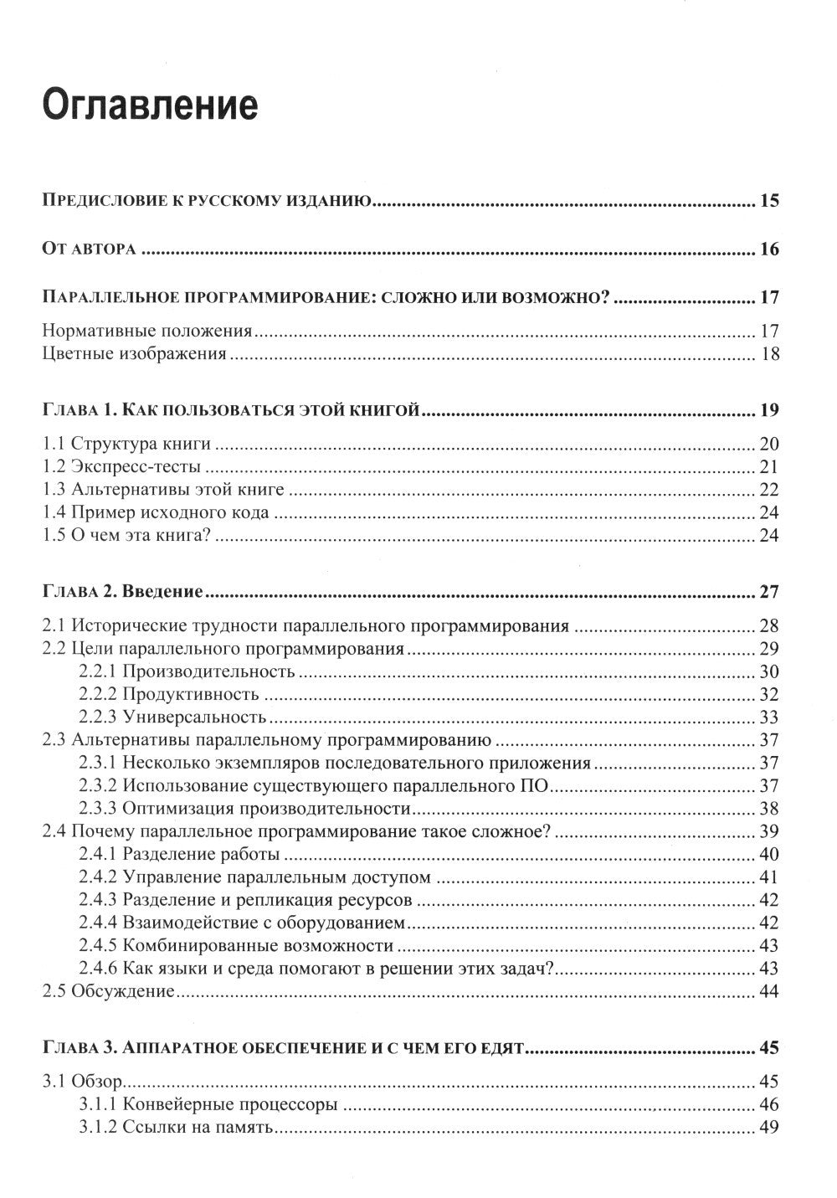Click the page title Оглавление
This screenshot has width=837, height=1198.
(x=150, y=108)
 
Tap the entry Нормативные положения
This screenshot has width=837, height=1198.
(x=146, y=331)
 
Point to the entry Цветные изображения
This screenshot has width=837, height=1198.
(x=134, y=354)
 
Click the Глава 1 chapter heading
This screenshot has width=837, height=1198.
(x=229, y=410)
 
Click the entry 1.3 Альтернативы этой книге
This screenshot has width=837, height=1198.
(x=163, y=490)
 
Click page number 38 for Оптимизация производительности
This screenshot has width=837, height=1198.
(x=768, y=809)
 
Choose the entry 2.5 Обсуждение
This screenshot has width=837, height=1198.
(x=108, y=992)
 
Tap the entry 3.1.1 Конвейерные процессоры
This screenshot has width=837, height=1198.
(x=208, y=1104)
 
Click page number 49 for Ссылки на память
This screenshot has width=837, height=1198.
(x=768, y=1128)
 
